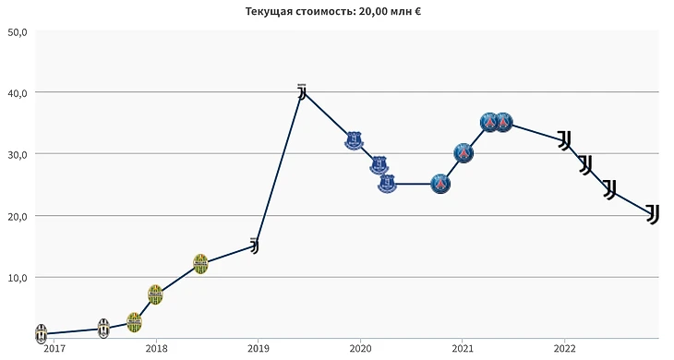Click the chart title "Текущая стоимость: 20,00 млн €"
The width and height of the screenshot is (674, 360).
tap(333, 11)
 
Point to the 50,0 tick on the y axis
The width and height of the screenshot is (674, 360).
tap(18, 32)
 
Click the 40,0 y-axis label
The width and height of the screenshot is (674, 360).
tap(18, 93)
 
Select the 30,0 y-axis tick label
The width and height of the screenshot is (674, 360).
tap(18, 155)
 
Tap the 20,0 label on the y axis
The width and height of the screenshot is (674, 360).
tap(18, 217)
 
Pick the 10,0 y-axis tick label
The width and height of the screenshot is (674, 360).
tap(18, 278)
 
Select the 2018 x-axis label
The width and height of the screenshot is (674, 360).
tap(156, 348)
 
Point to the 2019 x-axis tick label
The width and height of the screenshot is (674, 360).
tap(258, 348)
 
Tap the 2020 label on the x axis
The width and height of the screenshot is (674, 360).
tap(360, 348)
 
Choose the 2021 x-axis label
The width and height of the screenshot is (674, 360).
tap(462, 348)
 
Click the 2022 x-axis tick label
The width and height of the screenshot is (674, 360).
tap(564, 348)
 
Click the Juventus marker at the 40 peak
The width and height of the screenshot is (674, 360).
tap(302, 91)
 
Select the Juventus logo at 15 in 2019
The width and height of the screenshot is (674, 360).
tap(255, 246)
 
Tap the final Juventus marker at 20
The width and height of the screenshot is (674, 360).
tap(653, 213)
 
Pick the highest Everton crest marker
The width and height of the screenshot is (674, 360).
tap(354, 140)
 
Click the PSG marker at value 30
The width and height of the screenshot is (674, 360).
tap(463, 153)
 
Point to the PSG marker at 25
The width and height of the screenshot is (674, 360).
tap(440, 185)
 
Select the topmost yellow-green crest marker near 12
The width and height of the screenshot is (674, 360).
tap(200, 264)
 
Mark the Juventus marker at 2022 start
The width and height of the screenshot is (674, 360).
tap(565, 140)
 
